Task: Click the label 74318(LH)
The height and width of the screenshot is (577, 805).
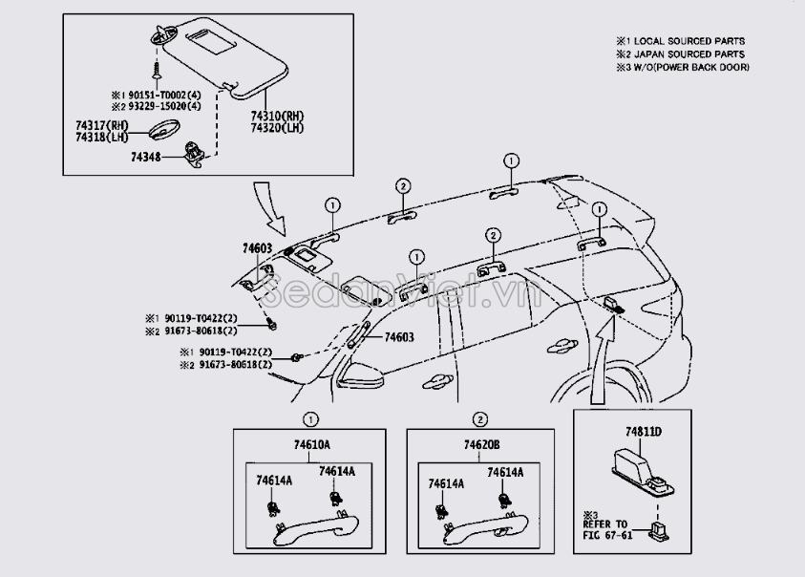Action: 102,138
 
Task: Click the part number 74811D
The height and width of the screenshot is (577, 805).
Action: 644,432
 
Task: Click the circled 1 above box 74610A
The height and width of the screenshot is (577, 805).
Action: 309,419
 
